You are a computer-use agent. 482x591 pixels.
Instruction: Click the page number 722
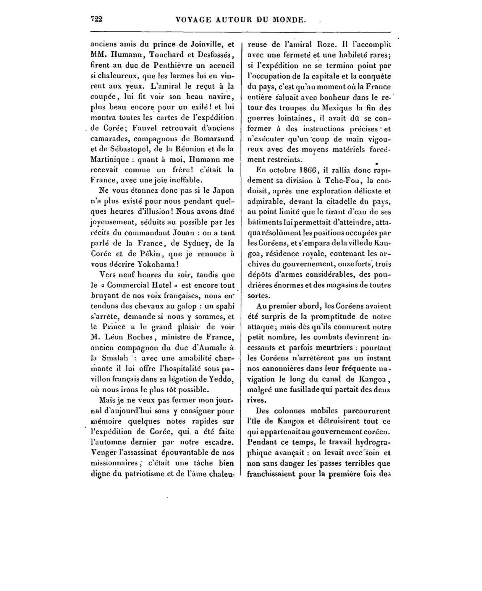tap(96, 20)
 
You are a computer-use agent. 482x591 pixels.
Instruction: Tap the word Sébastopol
tap(118, 149)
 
